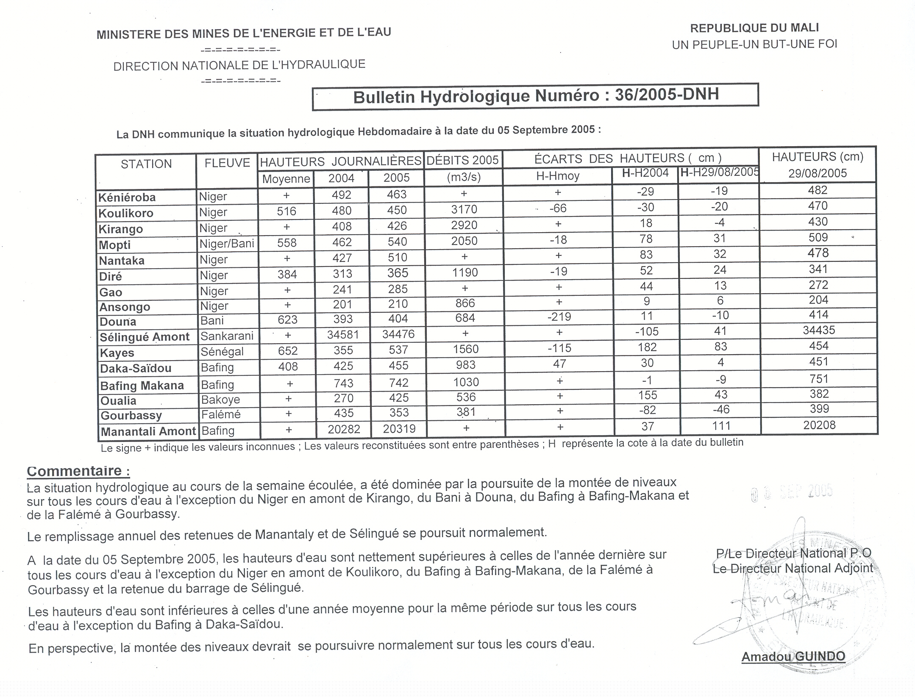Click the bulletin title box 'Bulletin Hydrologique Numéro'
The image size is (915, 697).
point(535,96)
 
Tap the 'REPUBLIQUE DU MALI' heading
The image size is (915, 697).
point(754,28)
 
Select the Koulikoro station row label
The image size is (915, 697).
point(126,213)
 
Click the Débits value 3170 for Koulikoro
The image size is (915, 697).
point(464,209)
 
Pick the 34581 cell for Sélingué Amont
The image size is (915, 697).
point(343,335)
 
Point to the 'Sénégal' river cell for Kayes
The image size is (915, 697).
point(222,351)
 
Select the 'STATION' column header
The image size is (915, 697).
point(146,164)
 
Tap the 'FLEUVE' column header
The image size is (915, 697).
point(227,163)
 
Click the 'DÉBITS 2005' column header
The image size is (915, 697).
point(463,160)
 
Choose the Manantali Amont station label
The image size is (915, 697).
point(148,431)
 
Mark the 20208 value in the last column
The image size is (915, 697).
point(819,425)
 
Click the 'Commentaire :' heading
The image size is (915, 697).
point(78,471)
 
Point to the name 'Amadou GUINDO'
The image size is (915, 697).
point(793,656)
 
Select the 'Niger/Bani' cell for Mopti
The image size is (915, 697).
point(227,243)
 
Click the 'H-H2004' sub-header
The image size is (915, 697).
point(645,173)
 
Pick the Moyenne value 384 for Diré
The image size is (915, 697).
point(287,275)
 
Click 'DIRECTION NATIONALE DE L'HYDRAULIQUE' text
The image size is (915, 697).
point(239,65)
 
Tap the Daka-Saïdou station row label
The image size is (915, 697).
point(136,368)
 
